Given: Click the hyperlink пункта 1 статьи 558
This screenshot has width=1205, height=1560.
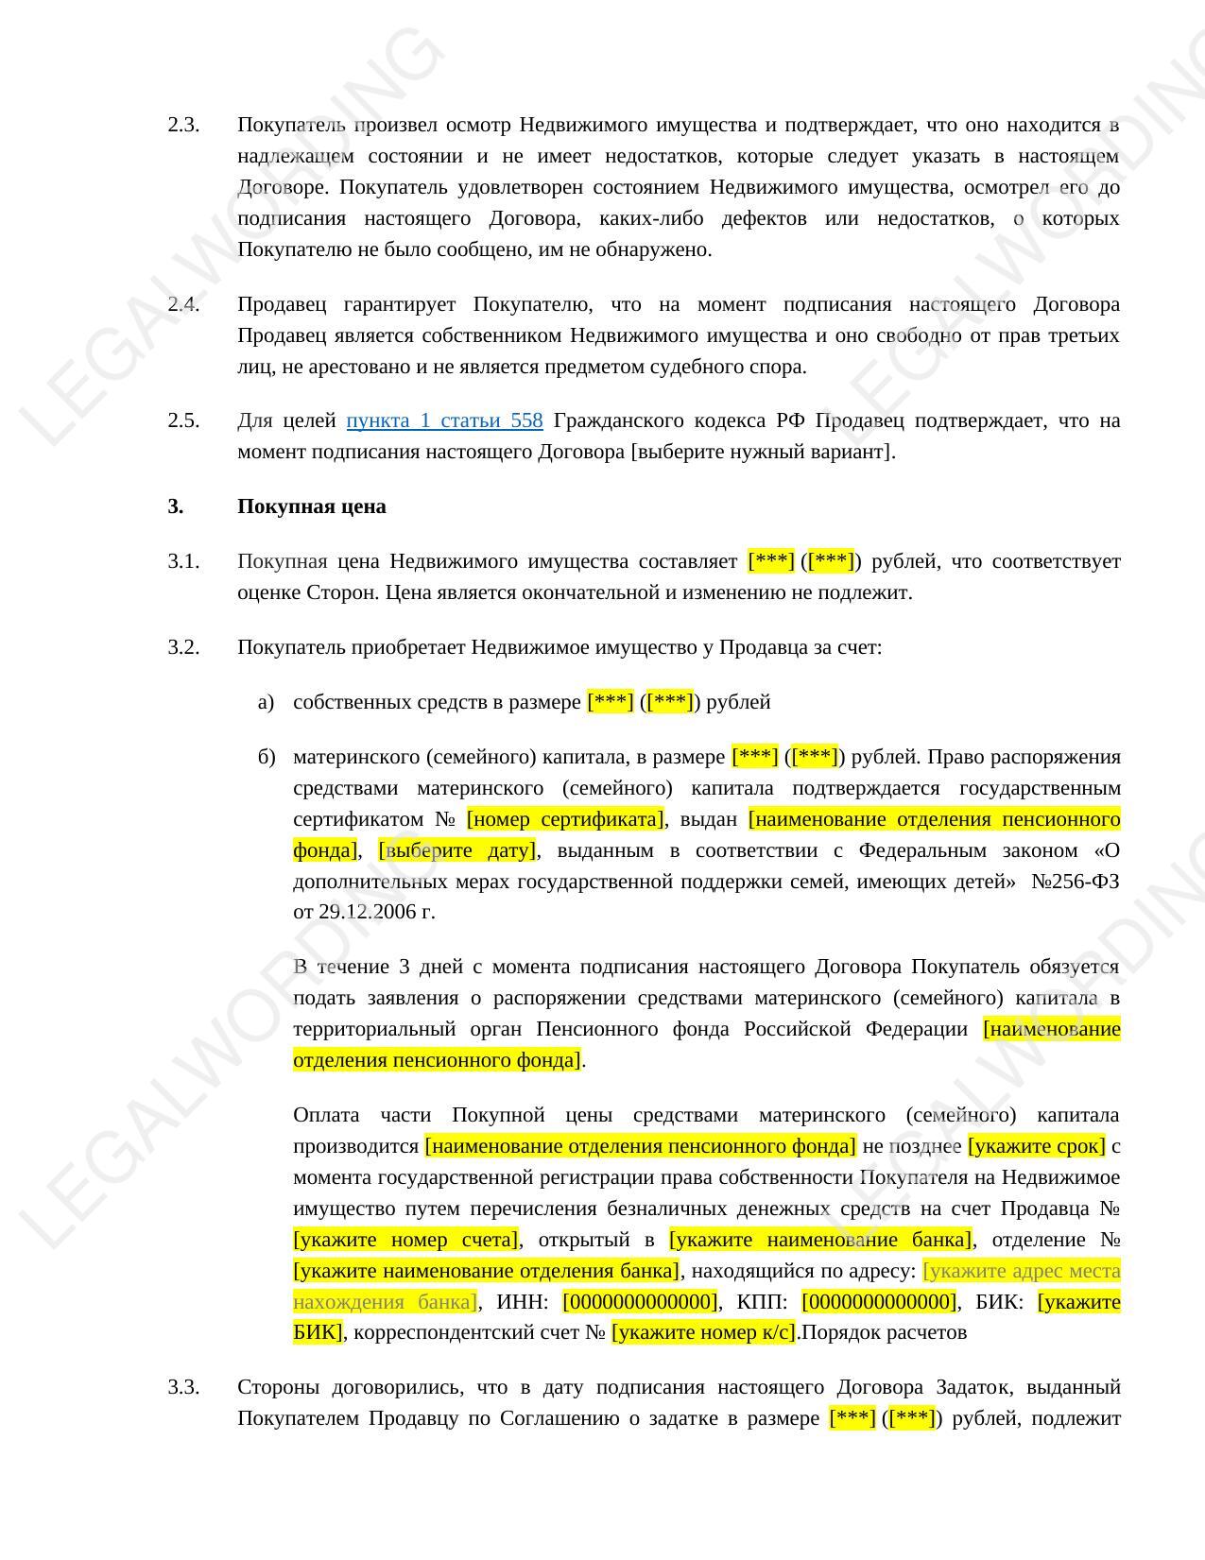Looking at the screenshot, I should [444, 420].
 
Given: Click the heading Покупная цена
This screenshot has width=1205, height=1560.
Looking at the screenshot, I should [311, 506].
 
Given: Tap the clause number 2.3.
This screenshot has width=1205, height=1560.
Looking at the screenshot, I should [183, 125].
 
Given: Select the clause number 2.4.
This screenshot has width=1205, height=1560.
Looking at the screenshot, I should [183, 304].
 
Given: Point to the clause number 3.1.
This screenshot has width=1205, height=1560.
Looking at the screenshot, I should [183, 561].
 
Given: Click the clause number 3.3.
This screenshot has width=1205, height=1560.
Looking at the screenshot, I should [183, 1387].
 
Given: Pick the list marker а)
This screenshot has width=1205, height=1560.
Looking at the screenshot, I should [266, 702].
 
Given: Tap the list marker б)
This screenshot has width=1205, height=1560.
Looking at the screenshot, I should [266, 757].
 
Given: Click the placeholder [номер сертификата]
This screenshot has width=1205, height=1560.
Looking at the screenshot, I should [565, 819].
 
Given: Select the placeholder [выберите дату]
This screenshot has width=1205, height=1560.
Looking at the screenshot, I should [457, 850].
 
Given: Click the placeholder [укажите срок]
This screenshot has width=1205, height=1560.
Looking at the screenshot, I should [1036, 1146].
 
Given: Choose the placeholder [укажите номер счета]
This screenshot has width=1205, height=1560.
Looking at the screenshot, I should [406, 1240].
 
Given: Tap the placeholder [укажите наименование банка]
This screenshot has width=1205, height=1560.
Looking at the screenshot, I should [820, 1240].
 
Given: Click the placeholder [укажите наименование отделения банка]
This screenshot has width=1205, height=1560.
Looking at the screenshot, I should [487, 1271].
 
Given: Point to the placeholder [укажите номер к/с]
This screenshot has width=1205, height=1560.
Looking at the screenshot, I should [704, 1333].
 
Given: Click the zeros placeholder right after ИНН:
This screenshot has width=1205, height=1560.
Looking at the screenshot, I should [640, 1302].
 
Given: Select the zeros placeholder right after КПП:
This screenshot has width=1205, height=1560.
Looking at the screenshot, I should [879, 1302].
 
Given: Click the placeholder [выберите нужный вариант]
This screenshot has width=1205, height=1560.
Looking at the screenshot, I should [762, 452].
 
